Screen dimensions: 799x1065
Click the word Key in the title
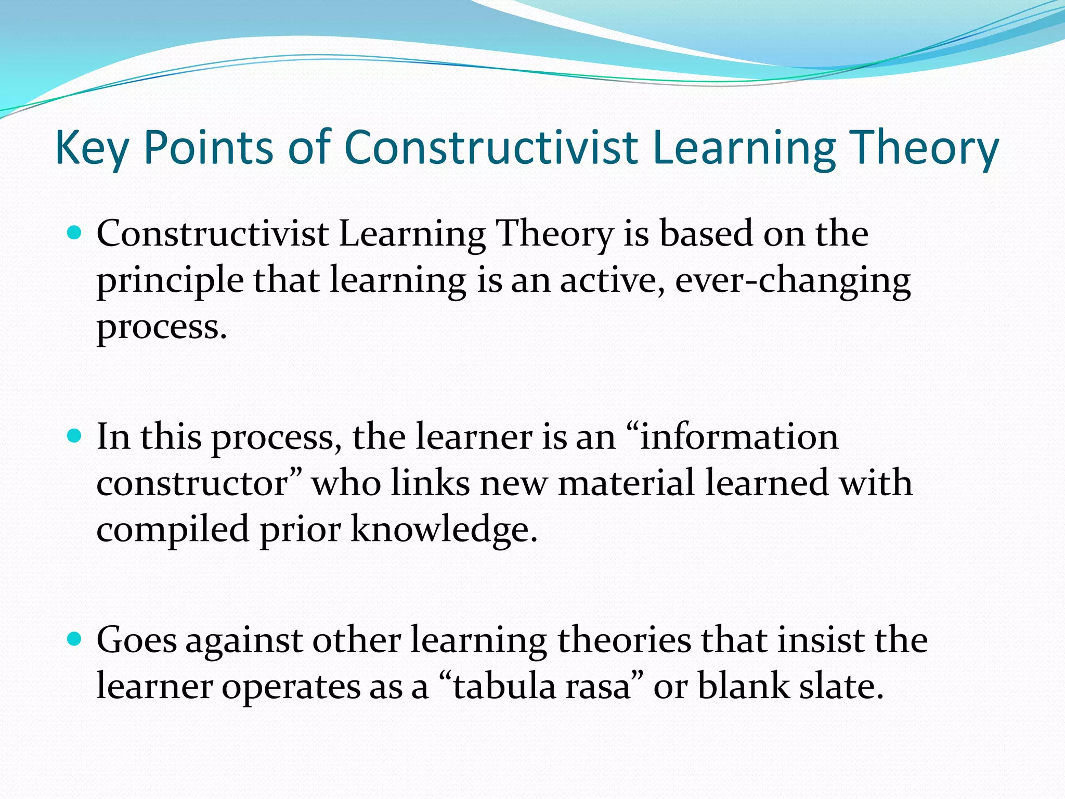(91, 148)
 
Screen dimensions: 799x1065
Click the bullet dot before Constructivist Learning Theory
(75, 232)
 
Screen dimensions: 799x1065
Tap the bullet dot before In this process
(75, 435)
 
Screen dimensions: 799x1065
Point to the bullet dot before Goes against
(75, 639)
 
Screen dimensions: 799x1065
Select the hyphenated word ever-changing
(793, 281)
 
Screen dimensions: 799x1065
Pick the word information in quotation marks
(738, 436)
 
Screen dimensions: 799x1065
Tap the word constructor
(192, 483)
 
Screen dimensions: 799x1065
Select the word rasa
(598, 686)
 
